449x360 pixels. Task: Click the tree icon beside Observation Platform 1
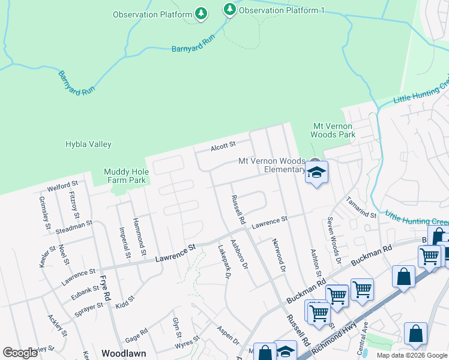tap(229, 10)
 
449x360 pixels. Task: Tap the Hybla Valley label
tap(88, 145)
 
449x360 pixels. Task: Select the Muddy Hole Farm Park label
tap(125, 175)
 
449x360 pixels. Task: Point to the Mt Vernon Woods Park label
tap(334, 130)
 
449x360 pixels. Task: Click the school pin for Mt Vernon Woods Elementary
tap(316, 172)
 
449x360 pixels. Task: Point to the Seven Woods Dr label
tap(334, 241)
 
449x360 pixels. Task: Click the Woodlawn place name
tap(124, 353)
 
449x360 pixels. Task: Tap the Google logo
tap(20, 353)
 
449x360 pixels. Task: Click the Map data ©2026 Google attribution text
tap(411, 355)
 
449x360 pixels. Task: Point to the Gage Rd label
tap(136, 332)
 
